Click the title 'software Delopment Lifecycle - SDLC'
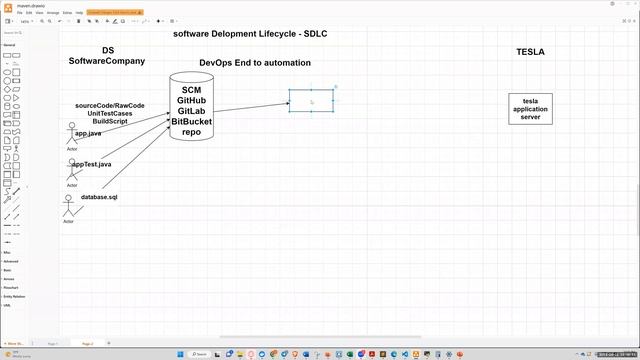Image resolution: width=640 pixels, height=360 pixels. (x=250, y=34)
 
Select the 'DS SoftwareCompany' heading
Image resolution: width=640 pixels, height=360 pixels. (x=107, y=55)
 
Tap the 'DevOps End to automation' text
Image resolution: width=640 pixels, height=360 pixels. (x=255, y=62)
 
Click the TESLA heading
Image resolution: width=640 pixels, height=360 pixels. (x=530, y=52)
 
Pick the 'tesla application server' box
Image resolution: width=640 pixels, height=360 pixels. (x=530, y=109)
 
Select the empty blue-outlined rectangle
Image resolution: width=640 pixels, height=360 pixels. (x=311, y=100)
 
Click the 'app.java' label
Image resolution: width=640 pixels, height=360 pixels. (x=88, y=133)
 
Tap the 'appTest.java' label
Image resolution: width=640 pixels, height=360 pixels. (x=91, y=164)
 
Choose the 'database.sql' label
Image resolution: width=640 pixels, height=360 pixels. (x=100, y=197)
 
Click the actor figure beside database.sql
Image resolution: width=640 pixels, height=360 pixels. (x=69, y=207)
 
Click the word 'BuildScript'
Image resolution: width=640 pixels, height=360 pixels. (x=110, y=121)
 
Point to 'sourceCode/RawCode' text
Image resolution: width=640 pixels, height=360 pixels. (x=110, y=106)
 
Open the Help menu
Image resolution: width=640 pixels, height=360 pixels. (x=79, y=13)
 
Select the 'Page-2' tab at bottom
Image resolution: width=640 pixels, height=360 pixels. (x=87, y=343)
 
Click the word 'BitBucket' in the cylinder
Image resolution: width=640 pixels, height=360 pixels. (x=191, y=122)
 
